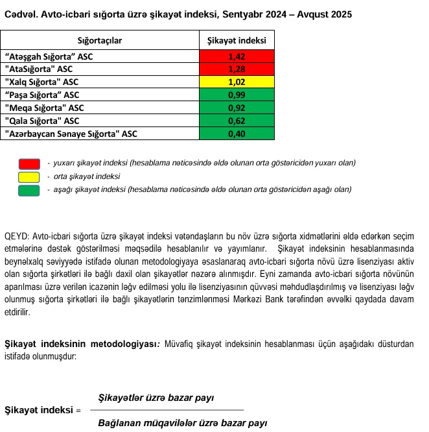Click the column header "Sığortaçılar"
tap(100, 41)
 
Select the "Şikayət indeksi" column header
tap(237, 41)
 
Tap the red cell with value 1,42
tap(237, 56)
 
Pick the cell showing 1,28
tap(237, 69)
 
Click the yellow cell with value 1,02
tap(237, 82)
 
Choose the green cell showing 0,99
tap(237, 95)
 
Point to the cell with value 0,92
tap(237, 108)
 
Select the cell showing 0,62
tap(237, 121)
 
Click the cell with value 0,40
tap(237, 134)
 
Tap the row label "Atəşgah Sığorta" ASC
tap(49, 56)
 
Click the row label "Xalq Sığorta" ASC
tap(42, 82)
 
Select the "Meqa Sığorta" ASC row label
tap(44, 108)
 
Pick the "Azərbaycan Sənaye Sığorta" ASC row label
tap(71, 134)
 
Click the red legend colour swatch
tap(29, 163)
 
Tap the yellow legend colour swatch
tap(29, 176)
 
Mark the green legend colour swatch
tap(29, 190)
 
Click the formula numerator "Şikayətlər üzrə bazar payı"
tap(156, 398)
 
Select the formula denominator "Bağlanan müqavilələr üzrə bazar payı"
tap(182, 423)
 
